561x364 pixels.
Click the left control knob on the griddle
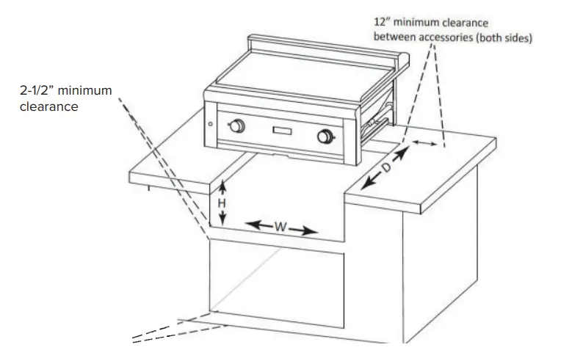pyautogui.click(x=236, y=126)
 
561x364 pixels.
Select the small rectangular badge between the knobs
pyautogui.click(x=283, y=131)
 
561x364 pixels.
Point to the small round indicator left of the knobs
pyautogui.click(x=211, y=123)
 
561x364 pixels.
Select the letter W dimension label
pyautogui.click(x=280, y=227)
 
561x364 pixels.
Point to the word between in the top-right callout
pyautogui.click(x=394, y=37)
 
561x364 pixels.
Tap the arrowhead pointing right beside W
pyautogui.click(x=312, y=233)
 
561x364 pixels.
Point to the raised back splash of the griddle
pyautogui.click(x=323, y=46)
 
